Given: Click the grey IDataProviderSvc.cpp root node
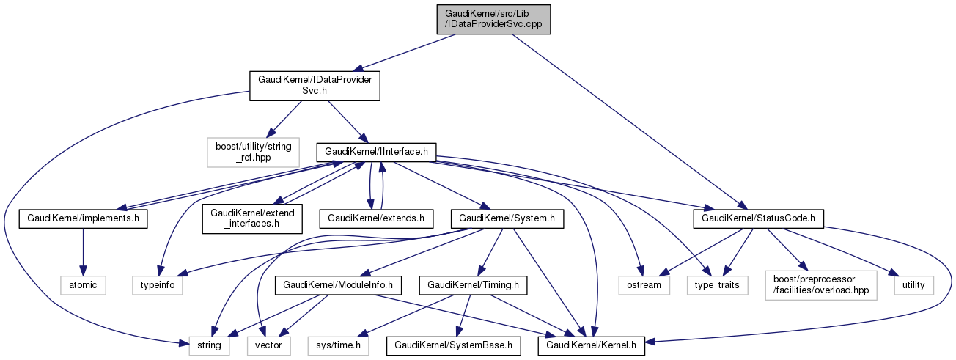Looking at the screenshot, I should (x=492, y=19).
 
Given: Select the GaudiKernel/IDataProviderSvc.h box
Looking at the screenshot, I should (x=315, y=85).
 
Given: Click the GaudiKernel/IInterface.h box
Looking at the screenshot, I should (x=376, y=152).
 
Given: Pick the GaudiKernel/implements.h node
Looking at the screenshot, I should (x=84, y=218).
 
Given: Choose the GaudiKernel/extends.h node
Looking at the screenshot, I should (x=376, y=218).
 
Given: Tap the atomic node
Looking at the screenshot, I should (x=83, y=284).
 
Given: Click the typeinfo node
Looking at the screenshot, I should (x=158, y=284).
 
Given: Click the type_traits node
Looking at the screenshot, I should (x=717, y=284).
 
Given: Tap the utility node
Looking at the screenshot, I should (x=913, y=284).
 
